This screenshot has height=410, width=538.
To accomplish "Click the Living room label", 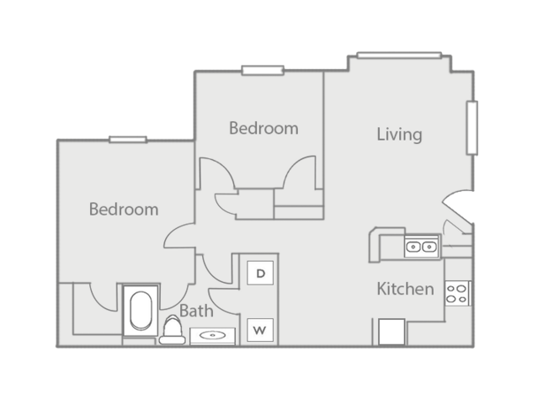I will pos(399,134).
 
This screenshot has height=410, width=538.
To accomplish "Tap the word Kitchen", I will pos(405,290).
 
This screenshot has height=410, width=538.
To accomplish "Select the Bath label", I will pos(195,311).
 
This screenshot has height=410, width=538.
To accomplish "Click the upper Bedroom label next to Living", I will pos(264,129).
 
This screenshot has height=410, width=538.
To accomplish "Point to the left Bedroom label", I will pos(124,209).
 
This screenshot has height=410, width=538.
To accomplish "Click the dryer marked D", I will pos(261,274).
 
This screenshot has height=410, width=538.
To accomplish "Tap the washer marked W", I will pos(261,330).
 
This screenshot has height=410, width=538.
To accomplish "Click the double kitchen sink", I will pos(420,247).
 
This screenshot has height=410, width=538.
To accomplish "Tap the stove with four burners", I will pos(458,293).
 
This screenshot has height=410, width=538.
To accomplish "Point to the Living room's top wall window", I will pos(398,56).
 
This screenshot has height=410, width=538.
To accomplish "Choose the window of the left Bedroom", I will pos(127,139).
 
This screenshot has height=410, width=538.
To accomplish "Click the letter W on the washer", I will pos(261,330).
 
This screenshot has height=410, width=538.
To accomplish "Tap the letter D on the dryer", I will pos(261,274).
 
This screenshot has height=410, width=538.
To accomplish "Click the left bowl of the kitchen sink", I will pos(413,247).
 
